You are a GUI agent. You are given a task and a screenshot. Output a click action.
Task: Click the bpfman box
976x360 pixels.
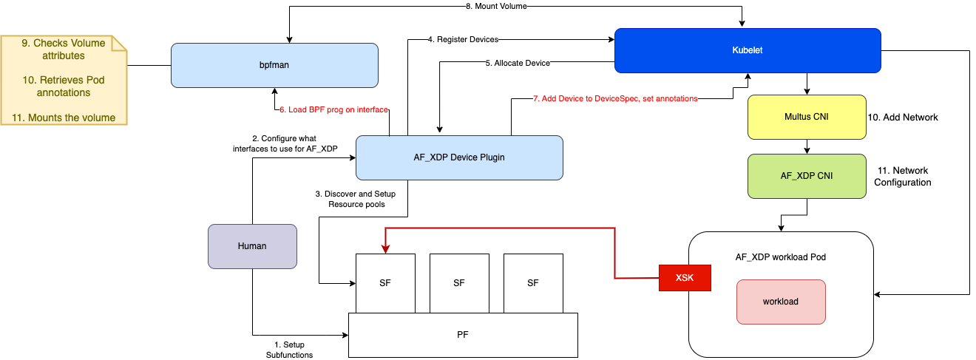click(x=274, y=65)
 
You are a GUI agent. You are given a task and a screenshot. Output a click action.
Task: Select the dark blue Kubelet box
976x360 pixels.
click(x=747, y=50)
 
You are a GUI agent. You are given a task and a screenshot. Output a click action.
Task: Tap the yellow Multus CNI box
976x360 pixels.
click(x=807, y=117)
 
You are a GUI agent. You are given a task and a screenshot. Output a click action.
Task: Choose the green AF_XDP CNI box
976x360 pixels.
click(x=807, y=176)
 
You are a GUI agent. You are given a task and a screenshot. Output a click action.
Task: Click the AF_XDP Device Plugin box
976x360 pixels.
click(x=459, y=157)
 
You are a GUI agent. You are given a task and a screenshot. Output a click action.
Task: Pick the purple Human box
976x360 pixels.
click(x=252, y=246)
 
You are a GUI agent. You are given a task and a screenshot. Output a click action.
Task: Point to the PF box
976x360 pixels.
click(x=462, y=335)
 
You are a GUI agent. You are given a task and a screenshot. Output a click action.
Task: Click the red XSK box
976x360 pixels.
click(x=685, y=277)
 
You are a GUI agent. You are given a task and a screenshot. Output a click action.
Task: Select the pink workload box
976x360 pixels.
click(x=781, y=302)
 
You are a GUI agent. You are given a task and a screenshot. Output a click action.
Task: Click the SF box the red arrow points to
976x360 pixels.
click(x=385, y=282)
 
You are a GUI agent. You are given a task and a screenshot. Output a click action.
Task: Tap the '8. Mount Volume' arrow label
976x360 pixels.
click(x=495, y=6)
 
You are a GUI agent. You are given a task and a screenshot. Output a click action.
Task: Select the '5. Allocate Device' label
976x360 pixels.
click(x=518, y=64)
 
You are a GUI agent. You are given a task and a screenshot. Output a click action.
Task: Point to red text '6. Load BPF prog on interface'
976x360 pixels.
click(x=333, y=109)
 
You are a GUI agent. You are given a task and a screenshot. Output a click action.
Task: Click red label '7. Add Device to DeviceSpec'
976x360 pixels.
click(x=616, y=99)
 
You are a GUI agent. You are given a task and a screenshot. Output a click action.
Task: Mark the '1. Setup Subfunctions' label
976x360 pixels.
click(x=289, y=350)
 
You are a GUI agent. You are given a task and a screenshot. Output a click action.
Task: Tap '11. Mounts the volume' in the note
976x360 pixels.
click(x=64, y=118)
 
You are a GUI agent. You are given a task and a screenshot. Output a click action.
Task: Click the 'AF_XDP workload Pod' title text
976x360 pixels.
click(x=781, y=257)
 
